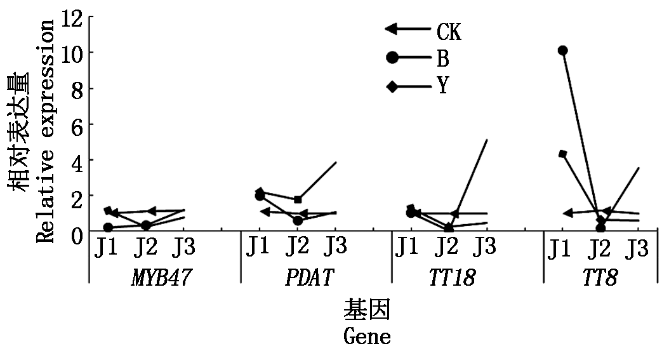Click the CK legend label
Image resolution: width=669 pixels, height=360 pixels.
click(448, 30)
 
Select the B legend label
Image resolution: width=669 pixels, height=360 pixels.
click(442, 58)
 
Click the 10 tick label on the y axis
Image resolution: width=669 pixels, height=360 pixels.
click(72, 53)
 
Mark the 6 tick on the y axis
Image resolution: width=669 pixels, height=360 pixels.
click(77, 124)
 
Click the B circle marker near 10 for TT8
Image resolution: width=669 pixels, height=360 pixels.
click(562, 51)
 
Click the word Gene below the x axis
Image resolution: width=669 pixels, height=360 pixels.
click(367, 336)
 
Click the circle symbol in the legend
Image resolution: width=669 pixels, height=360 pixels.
click(392, 58)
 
